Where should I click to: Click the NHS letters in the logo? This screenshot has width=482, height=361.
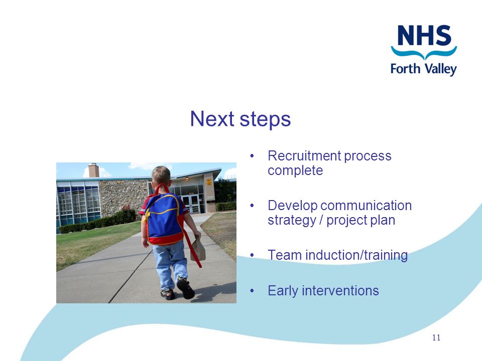424,35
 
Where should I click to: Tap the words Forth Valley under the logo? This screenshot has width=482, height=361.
424,69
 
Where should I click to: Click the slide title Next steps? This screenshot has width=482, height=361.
240,119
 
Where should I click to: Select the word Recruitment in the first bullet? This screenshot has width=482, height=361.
304,155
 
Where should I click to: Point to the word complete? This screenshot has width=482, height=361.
295,170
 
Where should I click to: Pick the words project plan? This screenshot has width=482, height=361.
360,221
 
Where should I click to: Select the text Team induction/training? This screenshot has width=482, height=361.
337,255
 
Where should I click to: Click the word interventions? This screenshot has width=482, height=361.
340,291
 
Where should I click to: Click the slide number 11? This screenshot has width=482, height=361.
436,337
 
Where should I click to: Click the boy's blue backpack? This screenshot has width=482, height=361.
164,219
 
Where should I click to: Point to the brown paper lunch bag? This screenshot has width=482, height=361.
198,249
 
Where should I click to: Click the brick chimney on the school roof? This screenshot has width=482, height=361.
94,170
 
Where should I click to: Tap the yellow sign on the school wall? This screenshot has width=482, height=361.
209,182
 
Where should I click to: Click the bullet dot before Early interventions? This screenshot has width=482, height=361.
252,291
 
